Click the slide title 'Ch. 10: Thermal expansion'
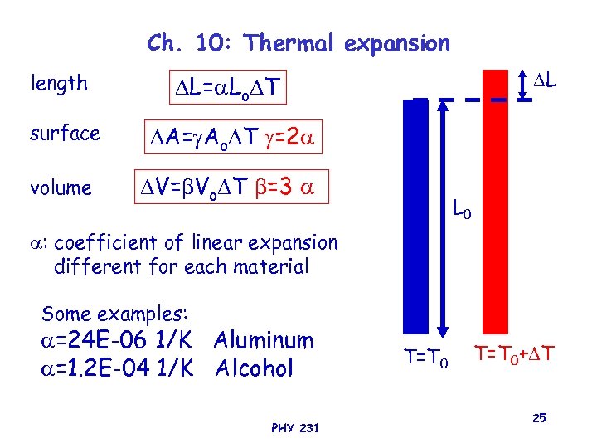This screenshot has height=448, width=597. tap(298, 42)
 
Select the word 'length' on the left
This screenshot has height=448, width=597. tap(59, 83)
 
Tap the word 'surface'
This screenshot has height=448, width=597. tap(65, 133)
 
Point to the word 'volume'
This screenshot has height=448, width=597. tap(61, 188)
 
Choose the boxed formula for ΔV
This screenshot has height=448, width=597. tap(232, 187)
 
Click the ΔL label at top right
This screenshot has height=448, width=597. tap(544, 82)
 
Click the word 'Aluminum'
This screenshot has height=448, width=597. tap(264, 340)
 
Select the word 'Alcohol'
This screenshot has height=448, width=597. tap(254, 368)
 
